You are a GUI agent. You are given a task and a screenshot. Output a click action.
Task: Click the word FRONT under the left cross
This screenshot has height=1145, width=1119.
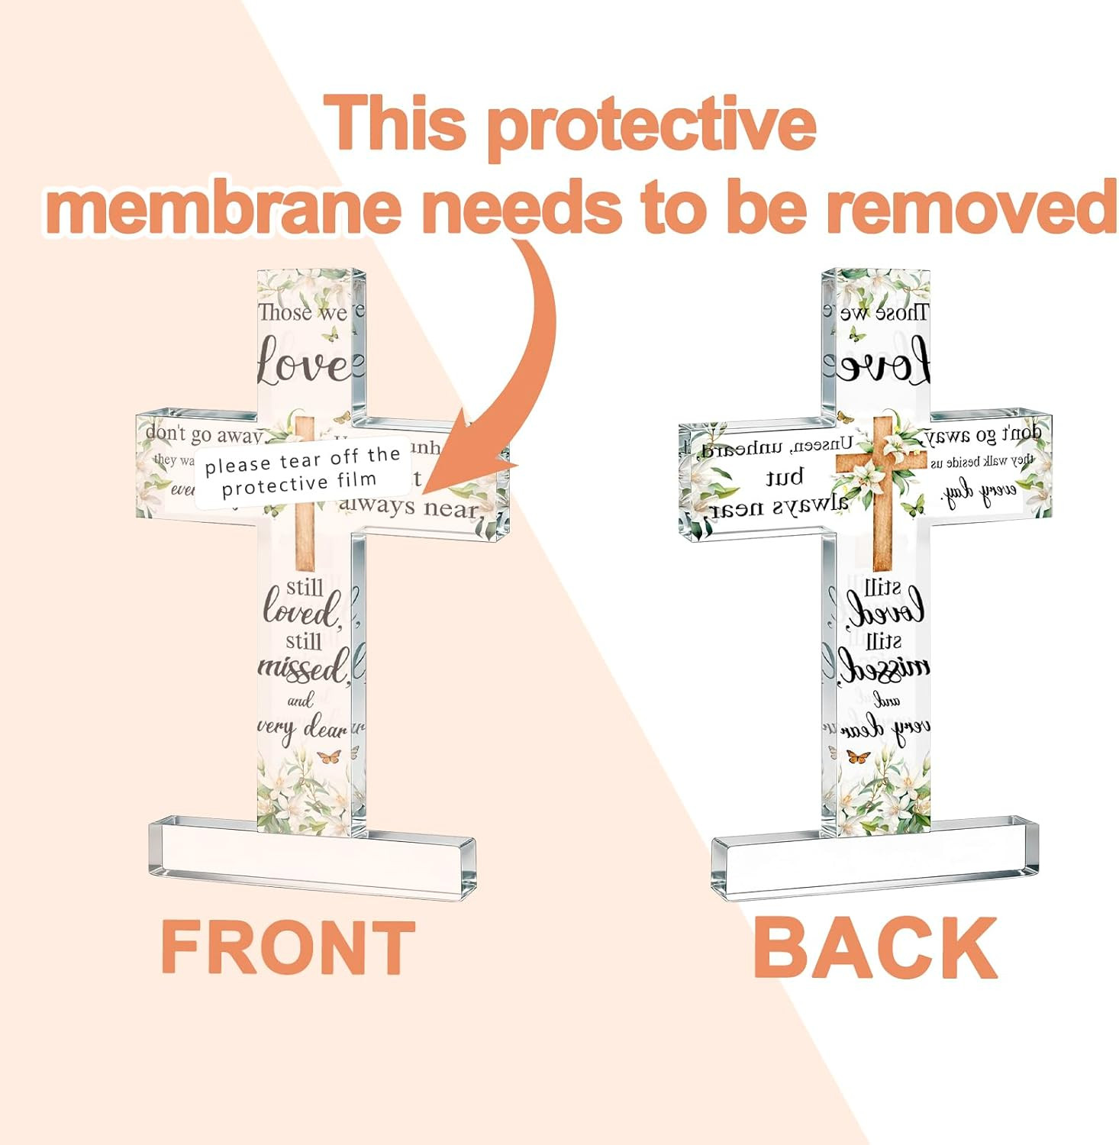click(x=288, y=947)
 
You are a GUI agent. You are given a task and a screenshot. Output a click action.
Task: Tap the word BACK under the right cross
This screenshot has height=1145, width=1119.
click(x=875, y=947)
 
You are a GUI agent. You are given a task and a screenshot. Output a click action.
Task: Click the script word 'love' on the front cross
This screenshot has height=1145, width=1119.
click(x=303, y=363)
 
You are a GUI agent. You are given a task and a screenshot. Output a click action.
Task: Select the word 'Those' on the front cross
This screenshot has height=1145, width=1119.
click(x=285, y=312)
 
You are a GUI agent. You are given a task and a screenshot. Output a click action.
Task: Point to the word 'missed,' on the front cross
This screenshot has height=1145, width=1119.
click(x=304, y=668)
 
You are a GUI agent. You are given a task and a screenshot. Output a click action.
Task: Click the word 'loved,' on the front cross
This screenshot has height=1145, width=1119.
click(x=301, y=610)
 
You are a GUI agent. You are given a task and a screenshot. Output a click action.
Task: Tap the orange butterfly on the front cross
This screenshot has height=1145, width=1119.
click(x=329, y=756)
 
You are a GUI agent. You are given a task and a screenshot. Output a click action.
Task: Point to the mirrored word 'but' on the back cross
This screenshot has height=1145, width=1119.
click(x=785, y=477)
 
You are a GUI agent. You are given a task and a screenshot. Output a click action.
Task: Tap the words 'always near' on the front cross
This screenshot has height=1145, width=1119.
click(x=408, y=506)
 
